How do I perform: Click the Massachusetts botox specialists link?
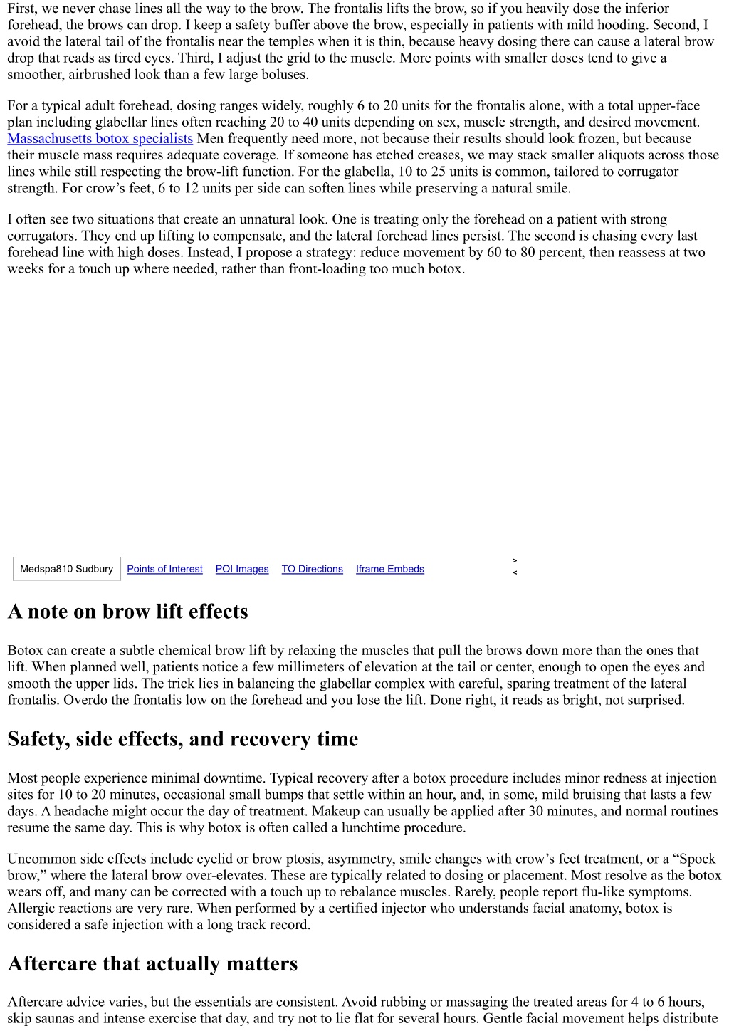coord(100,139)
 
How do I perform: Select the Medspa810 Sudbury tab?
coord(66,569)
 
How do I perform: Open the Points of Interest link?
coord(164,569)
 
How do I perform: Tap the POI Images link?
coord(242,569)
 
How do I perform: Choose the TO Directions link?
coord(312,569)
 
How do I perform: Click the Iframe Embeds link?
coord(390,569)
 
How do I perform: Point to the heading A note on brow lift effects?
coord(128,612)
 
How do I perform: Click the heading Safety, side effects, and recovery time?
coord(182,739)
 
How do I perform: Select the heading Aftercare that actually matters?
coord(152,964)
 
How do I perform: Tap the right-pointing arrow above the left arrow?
coord(515,561)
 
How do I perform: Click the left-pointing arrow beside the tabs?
coord(515,572)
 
